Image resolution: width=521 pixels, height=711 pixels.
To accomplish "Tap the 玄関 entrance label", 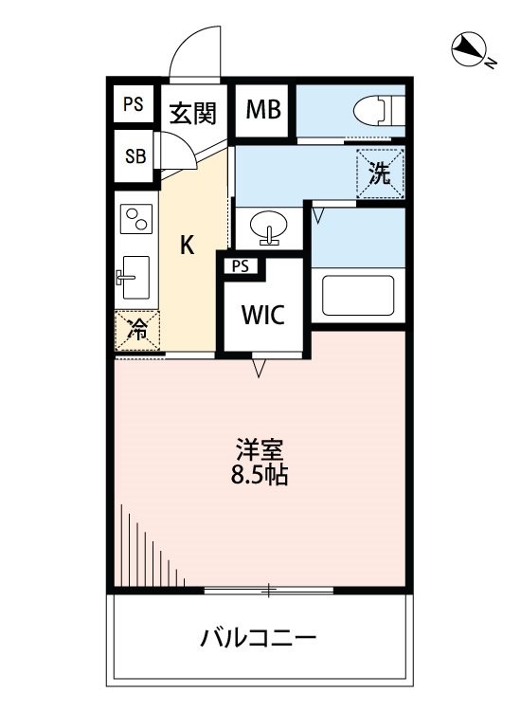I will (192, 114).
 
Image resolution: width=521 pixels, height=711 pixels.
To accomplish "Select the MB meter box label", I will (263, 111).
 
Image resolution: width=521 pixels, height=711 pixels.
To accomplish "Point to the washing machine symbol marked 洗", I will (379, 173).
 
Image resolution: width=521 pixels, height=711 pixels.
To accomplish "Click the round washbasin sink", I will (266, 228).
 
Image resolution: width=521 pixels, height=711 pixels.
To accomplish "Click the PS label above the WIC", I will (241, 266).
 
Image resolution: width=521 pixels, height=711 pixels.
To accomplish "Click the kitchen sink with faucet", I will (134, 277).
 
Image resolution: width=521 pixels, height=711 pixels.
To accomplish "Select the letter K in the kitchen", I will (188, 246).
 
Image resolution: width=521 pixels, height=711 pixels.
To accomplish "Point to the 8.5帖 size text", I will (260, 474).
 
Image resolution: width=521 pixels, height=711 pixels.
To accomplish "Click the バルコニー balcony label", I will (258, 637).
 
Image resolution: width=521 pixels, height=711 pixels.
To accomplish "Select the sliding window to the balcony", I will (269, 591).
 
